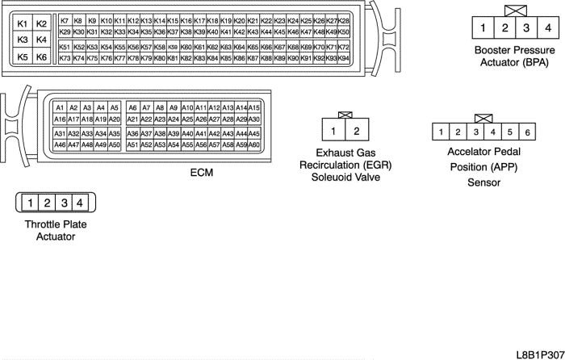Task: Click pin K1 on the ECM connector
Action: (23, 24)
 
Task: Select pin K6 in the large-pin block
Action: (42, 57)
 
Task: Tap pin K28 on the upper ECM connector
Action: (344, 20)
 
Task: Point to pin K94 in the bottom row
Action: (344, 59)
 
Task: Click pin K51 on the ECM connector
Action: (65, 48)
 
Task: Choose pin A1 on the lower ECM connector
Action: (60, 107)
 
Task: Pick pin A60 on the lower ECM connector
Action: (254, 145)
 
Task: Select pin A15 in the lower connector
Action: (254, 107)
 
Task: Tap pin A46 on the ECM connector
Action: (60, 145)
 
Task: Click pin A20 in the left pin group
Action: (114, 119)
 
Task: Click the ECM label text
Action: (201, 171)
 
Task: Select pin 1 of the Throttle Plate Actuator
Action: (28, 203)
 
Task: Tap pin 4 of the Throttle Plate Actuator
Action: (78, 203)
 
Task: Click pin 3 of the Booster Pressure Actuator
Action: (526, 29)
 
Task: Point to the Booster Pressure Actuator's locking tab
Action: (514, 10)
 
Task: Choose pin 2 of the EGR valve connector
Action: (357, 129)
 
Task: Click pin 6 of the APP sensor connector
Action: (527, 132)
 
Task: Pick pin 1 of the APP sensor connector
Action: (442, 132)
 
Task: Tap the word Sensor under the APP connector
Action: (484, 182)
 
